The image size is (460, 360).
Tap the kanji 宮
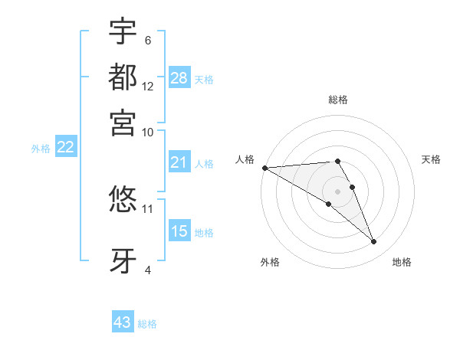(123, 123)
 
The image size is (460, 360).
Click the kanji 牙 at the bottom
(123, 260)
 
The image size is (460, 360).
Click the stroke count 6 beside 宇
(147, 40)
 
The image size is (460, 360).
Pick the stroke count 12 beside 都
(148, 86)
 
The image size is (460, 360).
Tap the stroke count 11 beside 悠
(148, 208)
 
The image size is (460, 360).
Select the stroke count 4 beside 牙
(147, 270)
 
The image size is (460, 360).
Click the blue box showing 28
(179, 78)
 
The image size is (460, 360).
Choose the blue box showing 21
(179, 162)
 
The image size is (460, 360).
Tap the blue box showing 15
(179, 231)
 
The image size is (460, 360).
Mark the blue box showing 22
(65, 148)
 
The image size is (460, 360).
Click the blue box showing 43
(123, 322)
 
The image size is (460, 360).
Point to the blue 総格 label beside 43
(147, 324)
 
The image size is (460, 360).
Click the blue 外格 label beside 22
(40, 149)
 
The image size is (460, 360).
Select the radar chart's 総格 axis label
(338, 100)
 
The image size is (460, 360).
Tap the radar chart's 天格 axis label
(432, 159)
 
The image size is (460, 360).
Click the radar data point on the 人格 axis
(264, 168)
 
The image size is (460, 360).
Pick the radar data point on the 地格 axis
(374, 242)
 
